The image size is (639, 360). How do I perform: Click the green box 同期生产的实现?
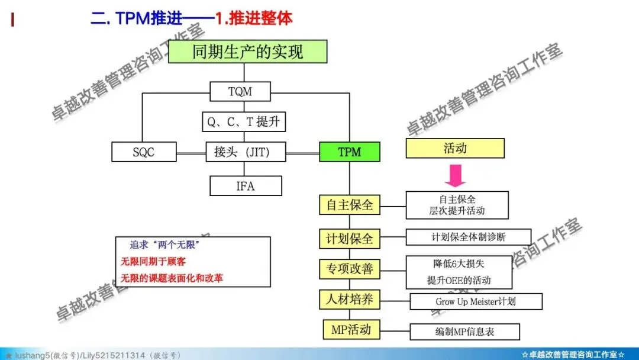tap(247, 52)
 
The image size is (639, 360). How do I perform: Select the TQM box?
tap(240, 92)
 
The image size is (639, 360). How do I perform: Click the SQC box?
tap(144, 152)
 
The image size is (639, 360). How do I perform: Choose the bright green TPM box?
tap(350, 152)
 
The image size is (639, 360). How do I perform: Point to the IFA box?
tap(246, 186)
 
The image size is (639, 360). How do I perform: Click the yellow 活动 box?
tap(455, 148)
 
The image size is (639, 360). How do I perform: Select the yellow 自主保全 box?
tap(350, 205)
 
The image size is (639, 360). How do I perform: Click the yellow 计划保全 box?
tap(350, 239)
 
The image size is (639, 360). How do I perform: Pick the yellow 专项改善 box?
tap(350, 269)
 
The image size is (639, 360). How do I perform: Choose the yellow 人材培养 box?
tap(350, 299)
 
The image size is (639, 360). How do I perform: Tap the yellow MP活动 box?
tap(351, 329)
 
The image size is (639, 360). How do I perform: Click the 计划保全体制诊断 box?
tap(468, 237)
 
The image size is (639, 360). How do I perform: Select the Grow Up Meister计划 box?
tap(476, 301)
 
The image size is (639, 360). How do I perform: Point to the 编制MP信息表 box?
tap(464, 332)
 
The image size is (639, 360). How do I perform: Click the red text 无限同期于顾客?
tap(157, 261)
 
